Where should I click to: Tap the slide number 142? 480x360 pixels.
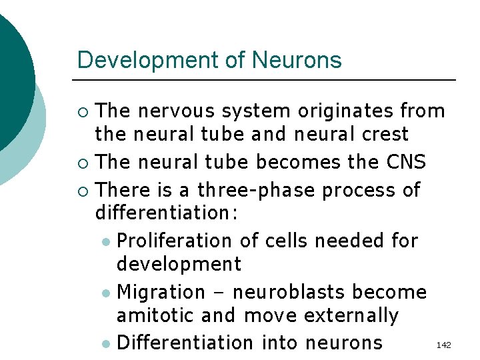[x=443, y=345]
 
